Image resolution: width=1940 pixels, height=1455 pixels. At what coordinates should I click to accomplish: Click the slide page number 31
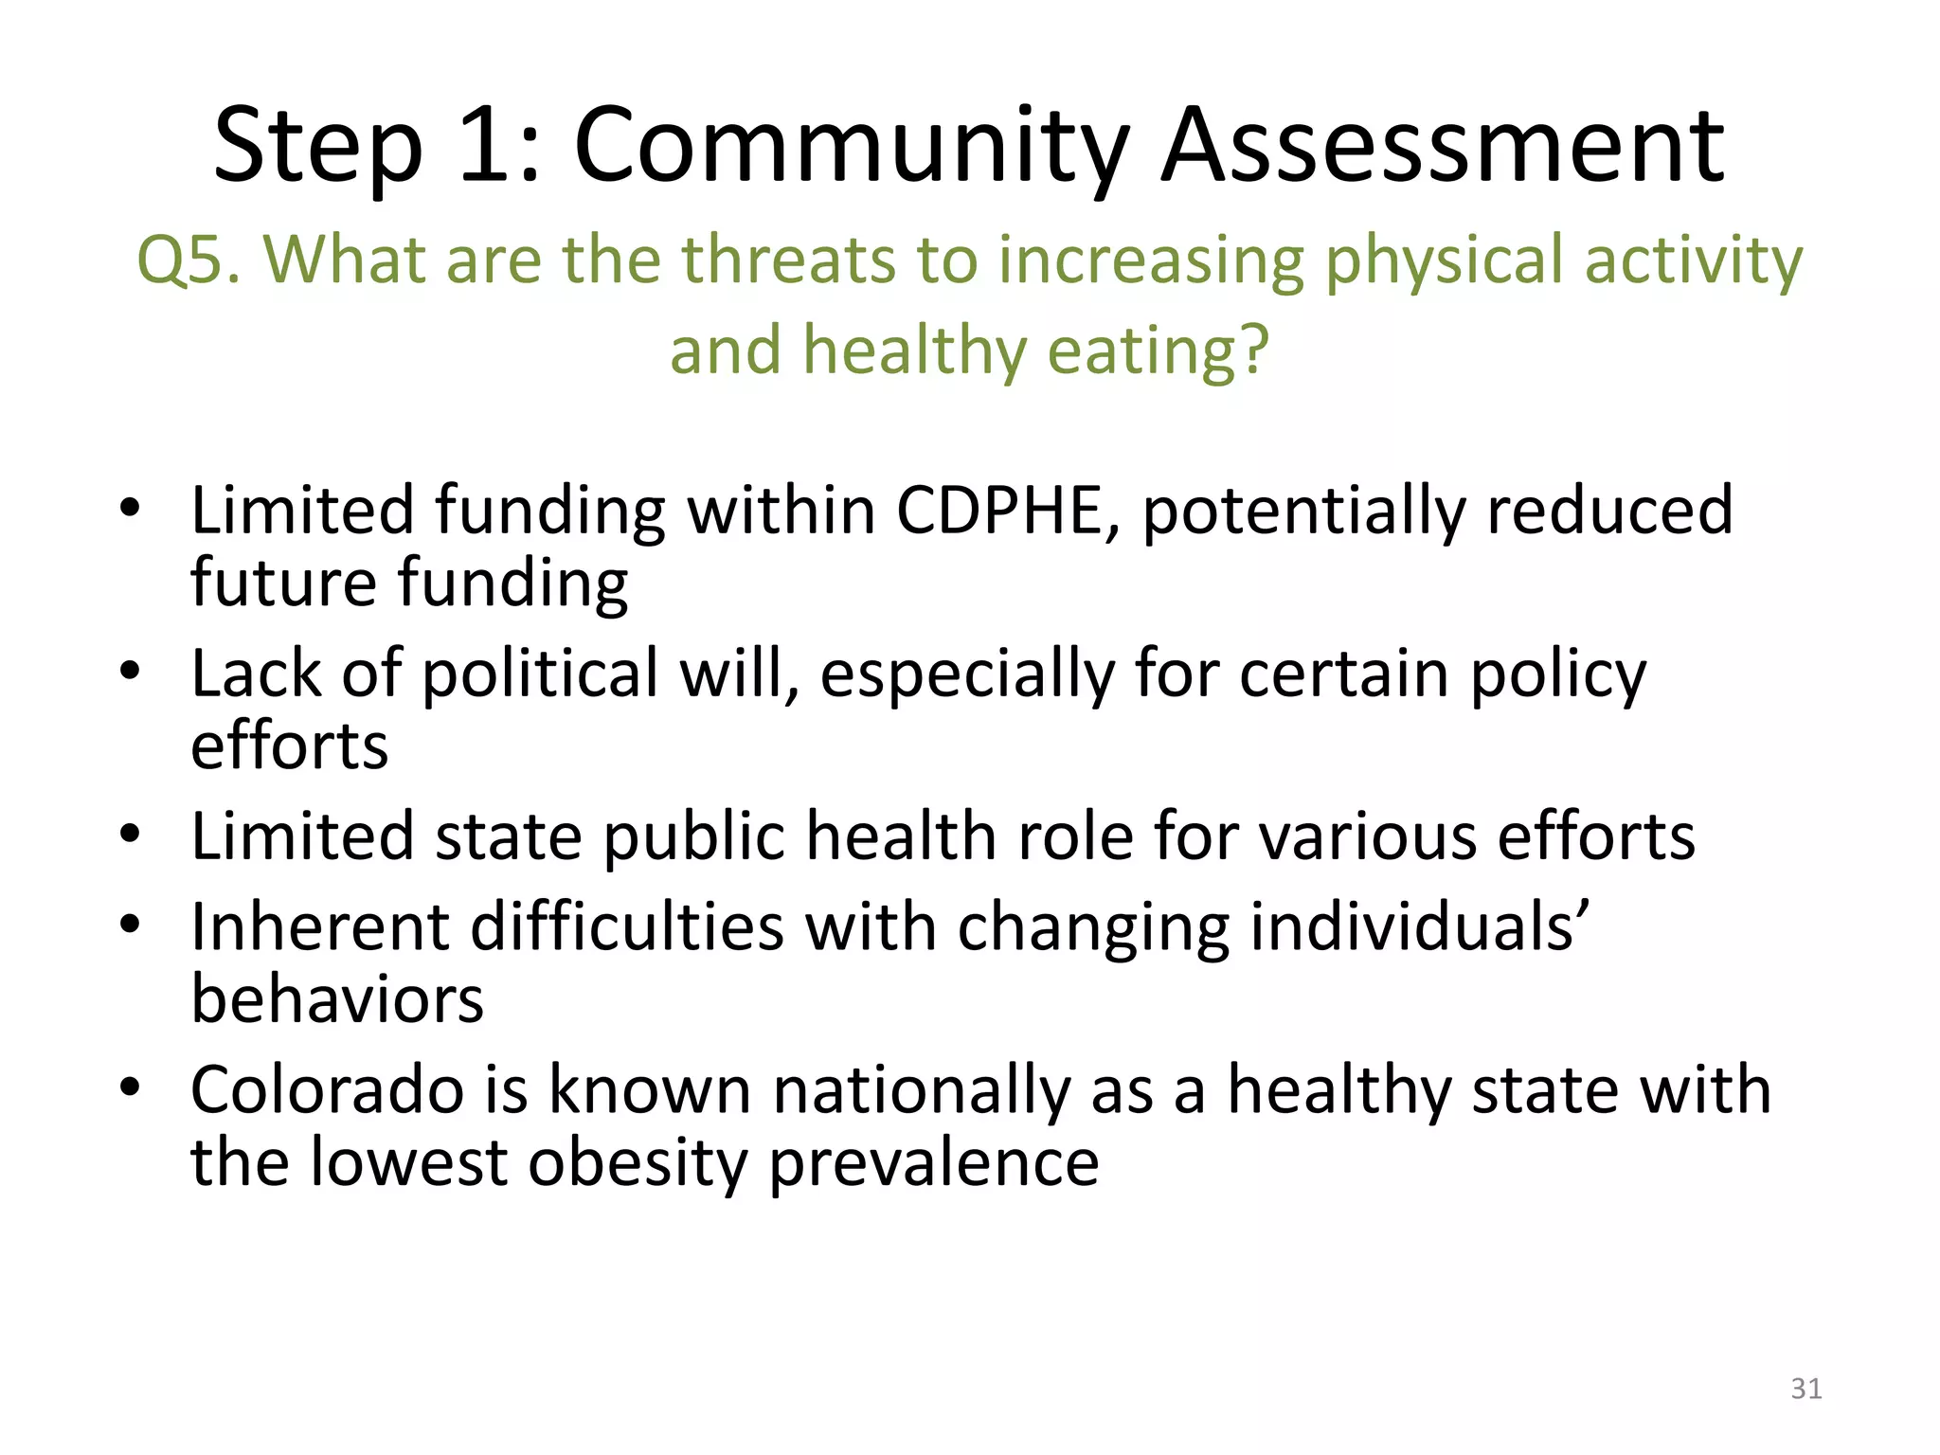tap(1805, 1389)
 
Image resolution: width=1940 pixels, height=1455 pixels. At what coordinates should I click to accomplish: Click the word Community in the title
tap(851, 147)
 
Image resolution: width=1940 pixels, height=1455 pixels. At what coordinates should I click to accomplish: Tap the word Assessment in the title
tap(1443, 147)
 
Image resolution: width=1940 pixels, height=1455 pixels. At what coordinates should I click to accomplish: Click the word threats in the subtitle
tap(788, 259)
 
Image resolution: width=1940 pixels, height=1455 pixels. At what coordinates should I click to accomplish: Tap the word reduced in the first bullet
tap(1609, 511)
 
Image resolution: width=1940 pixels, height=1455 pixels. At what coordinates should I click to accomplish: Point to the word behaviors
tap(337, 1000)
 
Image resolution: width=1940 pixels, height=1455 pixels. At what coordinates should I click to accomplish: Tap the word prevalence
tap(933, 1164)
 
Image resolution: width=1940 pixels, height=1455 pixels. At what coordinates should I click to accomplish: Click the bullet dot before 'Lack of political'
tap(131, 673)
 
